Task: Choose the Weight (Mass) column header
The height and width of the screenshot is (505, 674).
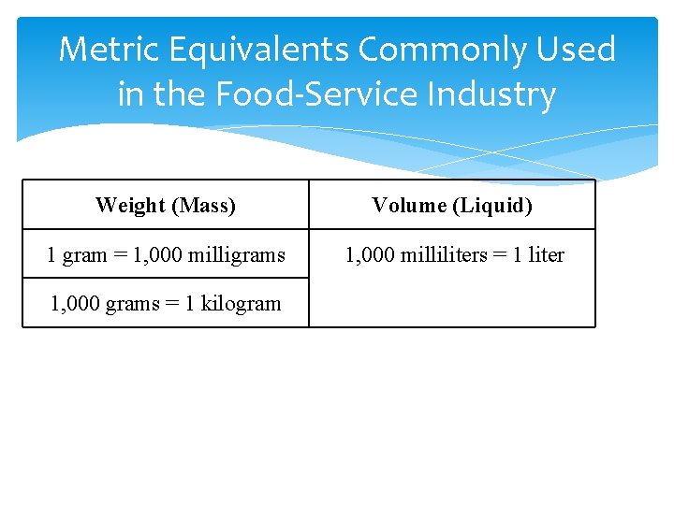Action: coord(166,205)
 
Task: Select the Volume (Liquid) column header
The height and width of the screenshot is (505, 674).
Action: coord(452,205)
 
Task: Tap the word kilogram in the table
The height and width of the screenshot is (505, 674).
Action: coord(236,303)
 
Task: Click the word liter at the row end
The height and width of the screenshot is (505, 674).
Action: coord(546,254)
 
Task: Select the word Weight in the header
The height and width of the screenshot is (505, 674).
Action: coord(126,205)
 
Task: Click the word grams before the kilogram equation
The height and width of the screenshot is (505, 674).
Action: coord(129,304)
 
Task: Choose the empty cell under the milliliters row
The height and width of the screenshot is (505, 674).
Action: coord(452,302)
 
